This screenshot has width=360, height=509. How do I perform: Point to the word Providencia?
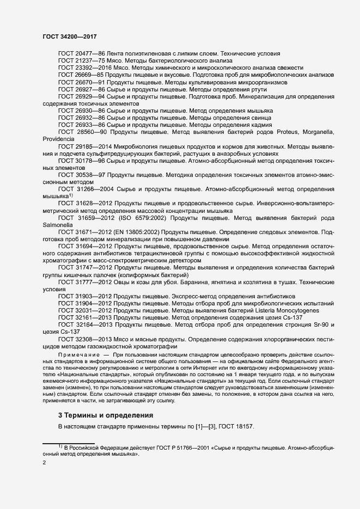point(58,139)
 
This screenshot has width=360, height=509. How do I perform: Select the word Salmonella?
point(58,224)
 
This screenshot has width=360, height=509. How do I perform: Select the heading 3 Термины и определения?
point(106,415)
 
